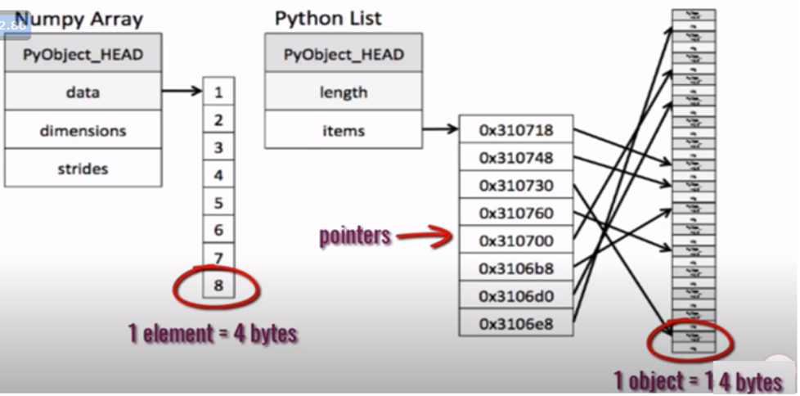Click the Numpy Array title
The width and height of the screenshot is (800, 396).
[79, 18]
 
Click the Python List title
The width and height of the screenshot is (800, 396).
[328, 18]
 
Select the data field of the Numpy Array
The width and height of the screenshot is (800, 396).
[83, 92]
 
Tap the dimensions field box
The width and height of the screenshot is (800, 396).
[83, 131]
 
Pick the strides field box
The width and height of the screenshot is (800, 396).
[83, 169]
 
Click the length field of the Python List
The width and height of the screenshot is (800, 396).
[344, 92]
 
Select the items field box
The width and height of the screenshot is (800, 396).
[344, 131]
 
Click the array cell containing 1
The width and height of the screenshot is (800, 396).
[218, 92]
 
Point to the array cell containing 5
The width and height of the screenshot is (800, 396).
[218, 202]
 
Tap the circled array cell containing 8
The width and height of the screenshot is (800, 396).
[218, 286]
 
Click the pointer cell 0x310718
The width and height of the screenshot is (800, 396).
[515, 130]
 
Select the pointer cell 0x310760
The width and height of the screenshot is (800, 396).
[515, 214]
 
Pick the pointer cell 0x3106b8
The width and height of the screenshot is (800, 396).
[515, 268]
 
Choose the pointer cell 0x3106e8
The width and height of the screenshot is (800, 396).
[515, 324]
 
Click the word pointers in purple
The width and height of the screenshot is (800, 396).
[354, 236]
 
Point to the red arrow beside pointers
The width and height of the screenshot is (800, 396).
[424, 238]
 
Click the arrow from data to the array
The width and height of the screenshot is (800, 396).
[182, 92]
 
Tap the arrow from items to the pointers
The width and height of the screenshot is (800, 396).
[441, 128]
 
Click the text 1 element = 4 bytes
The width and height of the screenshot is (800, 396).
[212, 334]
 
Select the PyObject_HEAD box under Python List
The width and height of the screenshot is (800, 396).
[344, 55]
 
